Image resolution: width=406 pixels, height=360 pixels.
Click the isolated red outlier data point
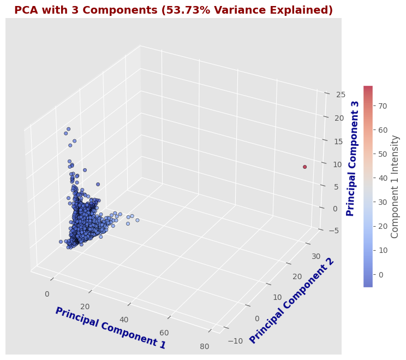[304, 167]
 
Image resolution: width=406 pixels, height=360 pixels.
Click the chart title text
[173, 10]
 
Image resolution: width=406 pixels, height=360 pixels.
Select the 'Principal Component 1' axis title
[110, 328]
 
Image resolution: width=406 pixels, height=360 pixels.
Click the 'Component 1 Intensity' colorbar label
[395, 186]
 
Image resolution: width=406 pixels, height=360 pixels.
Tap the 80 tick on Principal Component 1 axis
[205, 346]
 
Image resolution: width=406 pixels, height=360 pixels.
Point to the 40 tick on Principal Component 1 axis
[124, 320]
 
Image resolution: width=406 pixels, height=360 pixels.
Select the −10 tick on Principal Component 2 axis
[235, 341]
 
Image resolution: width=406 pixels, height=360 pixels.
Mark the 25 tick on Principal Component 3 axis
[325, 95]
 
